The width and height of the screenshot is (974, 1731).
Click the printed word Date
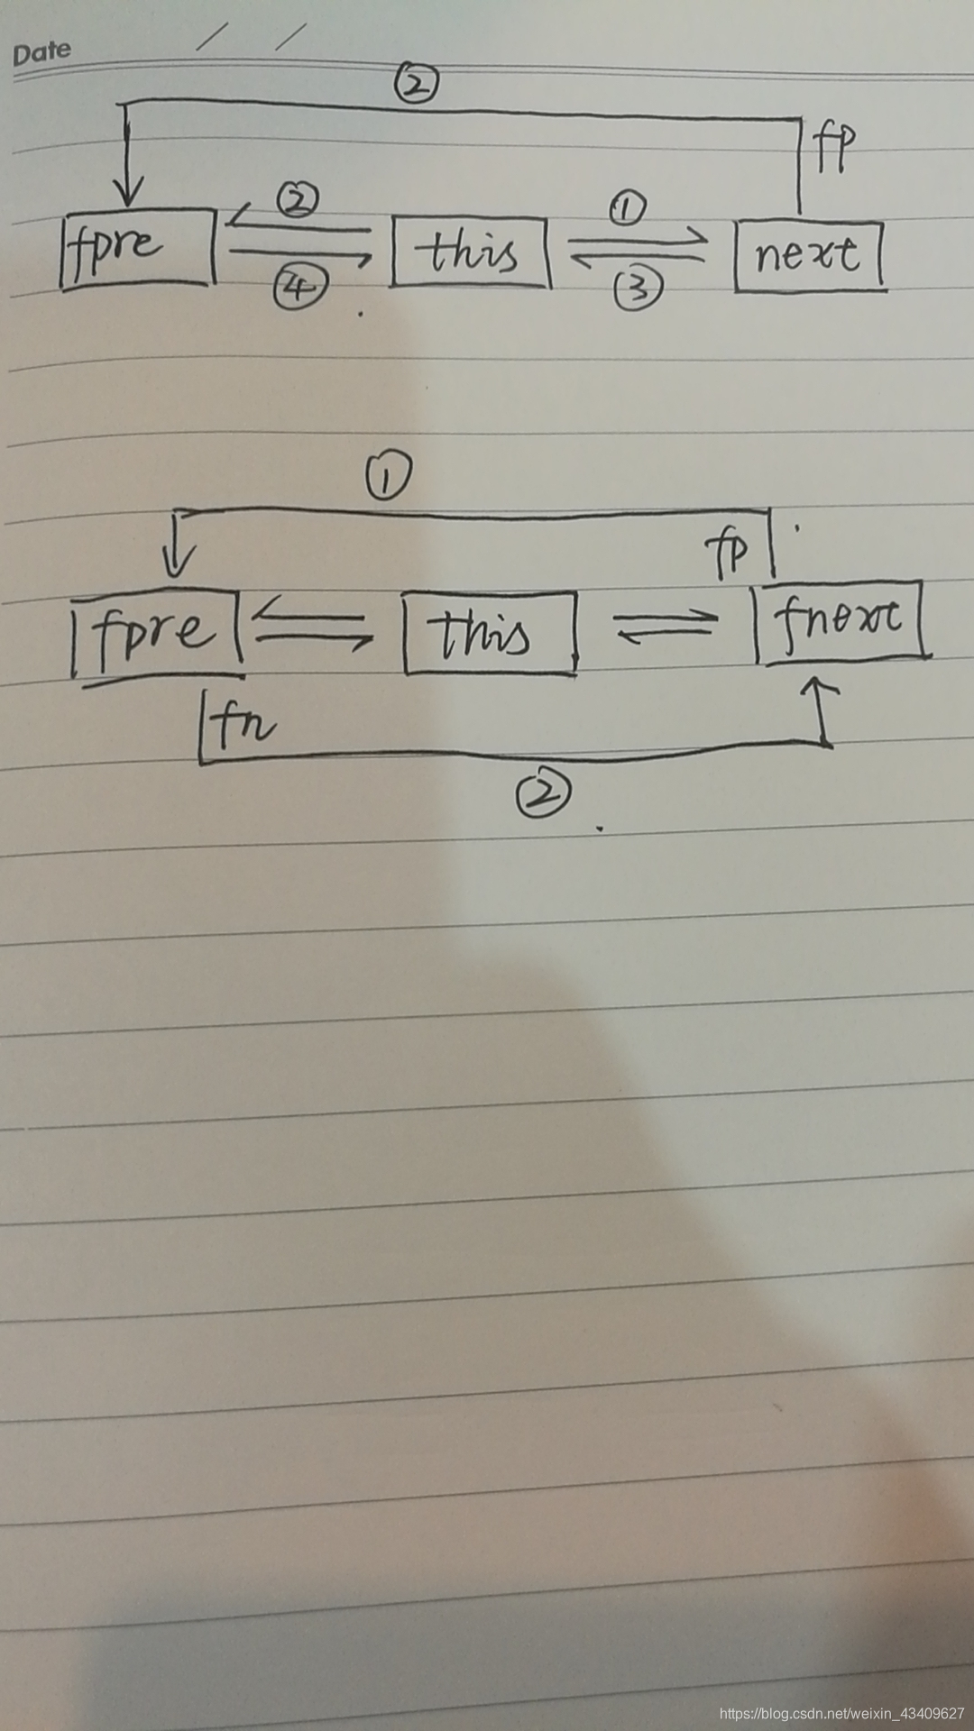[41, 52]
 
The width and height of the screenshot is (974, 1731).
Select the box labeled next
[809, 256]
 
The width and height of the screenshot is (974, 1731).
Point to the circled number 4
[299, 287]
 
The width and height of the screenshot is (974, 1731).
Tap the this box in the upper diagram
[470, 252]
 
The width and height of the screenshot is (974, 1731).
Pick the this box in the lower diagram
[489, 632]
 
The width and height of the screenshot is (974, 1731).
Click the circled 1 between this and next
[628, 210]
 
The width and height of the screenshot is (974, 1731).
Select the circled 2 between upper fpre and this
[299, 199]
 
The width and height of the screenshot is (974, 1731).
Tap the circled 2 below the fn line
[543, 795]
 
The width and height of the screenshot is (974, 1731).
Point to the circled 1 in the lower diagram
[388, 477]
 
